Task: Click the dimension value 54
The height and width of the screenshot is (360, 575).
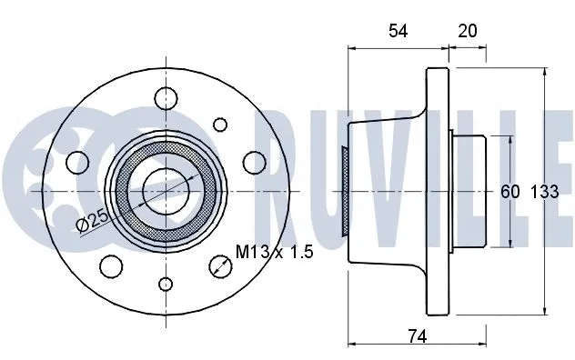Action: click(x=398, y=31)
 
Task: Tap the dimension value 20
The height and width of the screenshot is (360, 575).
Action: click(x=468, y=31)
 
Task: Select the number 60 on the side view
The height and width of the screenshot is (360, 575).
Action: click(x=509, y=192)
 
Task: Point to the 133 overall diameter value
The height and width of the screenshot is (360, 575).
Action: click(x=544, y=192)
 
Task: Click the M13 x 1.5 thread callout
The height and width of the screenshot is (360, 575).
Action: click(x=275, y=252)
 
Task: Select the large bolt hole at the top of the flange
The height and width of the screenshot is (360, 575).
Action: click(x=166, y=96)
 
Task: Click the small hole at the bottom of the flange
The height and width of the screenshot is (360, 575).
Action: click(x=165, y=285)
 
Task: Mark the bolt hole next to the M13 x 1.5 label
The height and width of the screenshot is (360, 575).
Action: click(x=219, y=266)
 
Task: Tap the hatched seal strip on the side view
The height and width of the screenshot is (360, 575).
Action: click(x=344, y=191)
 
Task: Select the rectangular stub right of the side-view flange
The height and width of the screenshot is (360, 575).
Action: click(x=471, y=191)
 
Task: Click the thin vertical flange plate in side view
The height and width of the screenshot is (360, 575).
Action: click(x=442, y=191)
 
